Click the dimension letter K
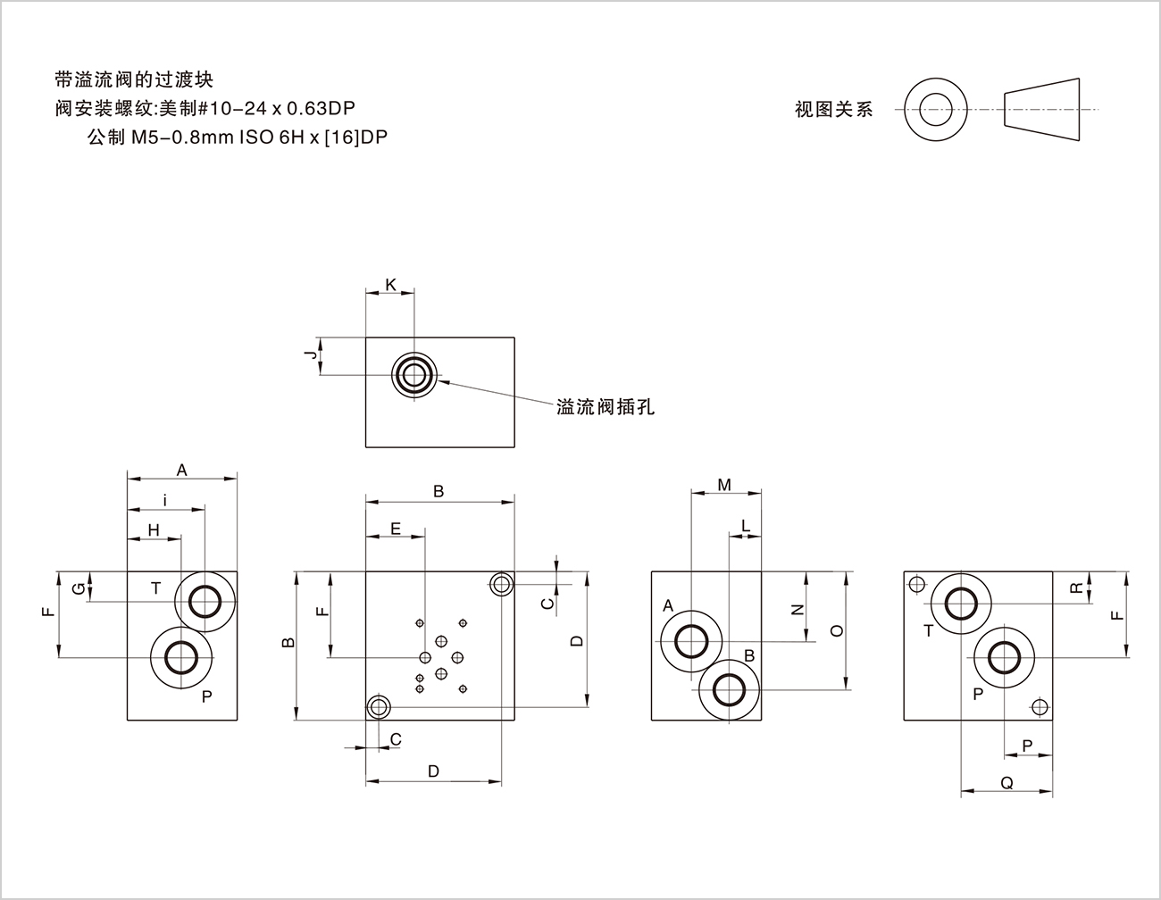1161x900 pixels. pyautogui.click(x=390, y=285)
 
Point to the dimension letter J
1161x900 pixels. pyautogui.click(x=310, y=355)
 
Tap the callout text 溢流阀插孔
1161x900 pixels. pyautogui.click(x=606, y=407)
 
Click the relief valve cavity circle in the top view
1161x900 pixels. pyautogui.click(x=413, y=374)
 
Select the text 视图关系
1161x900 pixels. pyautogui.click(x=834, y=110)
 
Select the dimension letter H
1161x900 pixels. pyautogui.click(x=154, y=530)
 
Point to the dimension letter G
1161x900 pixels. pyautogui.click(x=79, y=587)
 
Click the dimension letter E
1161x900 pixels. pyautogui.click(x=396, y=529)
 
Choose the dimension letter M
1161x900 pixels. pyautogui.click(x=724, y=485)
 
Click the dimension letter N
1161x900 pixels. pyautogui.click(x=798, y=610)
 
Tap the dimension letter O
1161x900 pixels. pyautogui.click(x=837, y=630)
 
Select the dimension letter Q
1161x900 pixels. pyautogui.click(x=1006, y=783)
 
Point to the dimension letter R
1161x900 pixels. pyautogui.click(x=1077, y=587)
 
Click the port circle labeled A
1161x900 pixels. pyautogui.click(x=690, y=640)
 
